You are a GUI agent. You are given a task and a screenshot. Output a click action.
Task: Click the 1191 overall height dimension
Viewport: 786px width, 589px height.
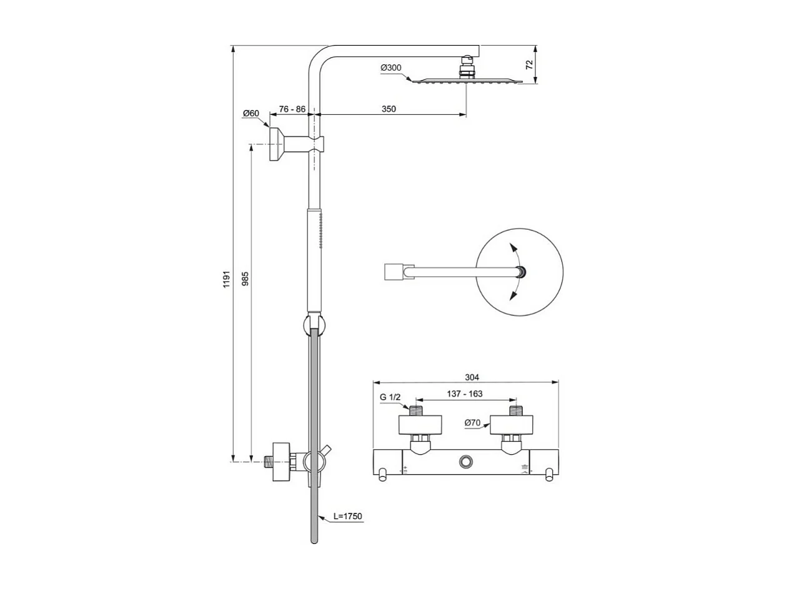tap(227, 279)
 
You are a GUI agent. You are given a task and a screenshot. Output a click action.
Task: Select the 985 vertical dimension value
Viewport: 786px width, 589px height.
tap(245, 279)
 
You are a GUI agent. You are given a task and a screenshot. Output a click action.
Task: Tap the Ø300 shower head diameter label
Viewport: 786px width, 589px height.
tap(391, 67)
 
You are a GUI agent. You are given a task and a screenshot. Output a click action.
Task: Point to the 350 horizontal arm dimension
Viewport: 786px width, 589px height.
tap(388, 109)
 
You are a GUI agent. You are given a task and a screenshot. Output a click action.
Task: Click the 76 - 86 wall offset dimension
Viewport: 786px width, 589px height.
tap(292, 109)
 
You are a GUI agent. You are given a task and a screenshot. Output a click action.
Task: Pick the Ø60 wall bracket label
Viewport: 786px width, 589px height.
tap(251, 113)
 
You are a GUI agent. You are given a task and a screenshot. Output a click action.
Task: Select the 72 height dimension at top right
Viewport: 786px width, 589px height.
tap(529, 64)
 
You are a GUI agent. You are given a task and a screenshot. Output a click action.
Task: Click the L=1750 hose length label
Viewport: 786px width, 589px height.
tap(347, 517)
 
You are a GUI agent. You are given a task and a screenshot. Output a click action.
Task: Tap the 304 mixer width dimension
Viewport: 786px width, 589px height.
tap(472, 377)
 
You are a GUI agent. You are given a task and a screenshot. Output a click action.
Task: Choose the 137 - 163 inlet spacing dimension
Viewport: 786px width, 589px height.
tap(465, 394)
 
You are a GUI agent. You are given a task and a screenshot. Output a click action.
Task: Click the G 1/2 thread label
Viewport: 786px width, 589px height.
tap(391, 397)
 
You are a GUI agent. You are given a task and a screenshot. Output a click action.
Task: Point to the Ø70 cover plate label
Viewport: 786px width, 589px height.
tap(472, 423)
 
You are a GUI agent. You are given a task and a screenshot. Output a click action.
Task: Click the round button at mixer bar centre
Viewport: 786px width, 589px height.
tap(465, 462)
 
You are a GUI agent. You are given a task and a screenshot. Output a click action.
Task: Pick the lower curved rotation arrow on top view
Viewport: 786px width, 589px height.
tap(514, 290)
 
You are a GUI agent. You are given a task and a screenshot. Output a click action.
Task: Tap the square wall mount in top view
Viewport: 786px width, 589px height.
tap(392, 272)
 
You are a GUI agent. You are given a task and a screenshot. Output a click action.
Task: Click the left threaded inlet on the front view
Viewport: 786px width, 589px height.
tap(415, 412)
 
